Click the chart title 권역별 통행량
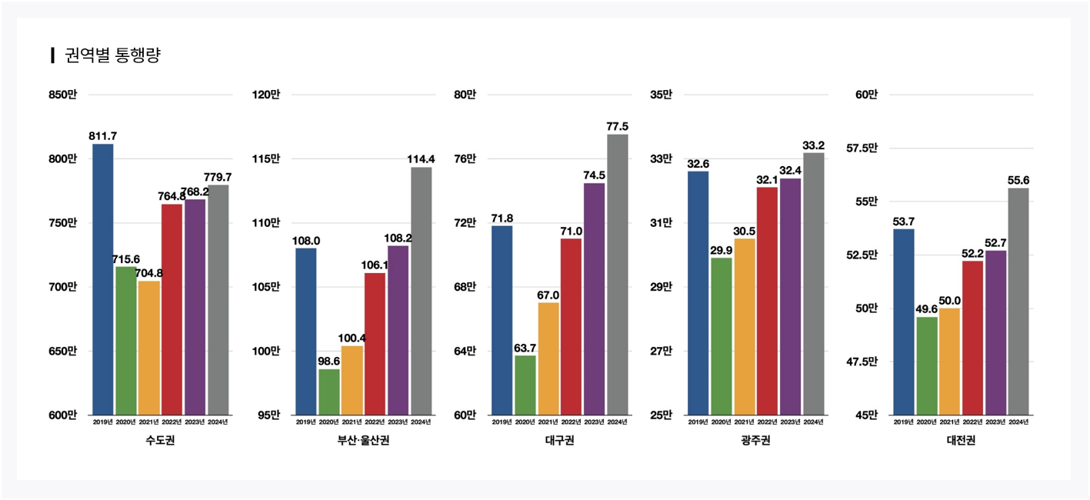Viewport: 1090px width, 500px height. tap(112, 55)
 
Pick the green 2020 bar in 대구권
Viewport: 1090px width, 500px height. tap(525, 385)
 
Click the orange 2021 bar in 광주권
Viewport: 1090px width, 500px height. tap(745, 326)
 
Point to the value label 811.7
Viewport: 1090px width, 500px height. tap(103, 136)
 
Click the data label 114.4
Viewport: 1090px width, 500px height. tap(422, 159)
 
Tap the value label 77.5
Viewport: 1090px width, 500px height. tap(618, 126)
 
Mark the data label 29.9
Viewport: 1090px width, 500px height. tap(722, 250)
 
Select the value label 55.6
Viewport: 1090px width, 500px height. tap(1018, 180)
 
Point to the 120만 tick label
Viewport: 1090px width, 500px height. tap(266, 95)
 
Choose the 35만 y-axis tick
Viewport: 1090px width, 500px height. tap(661, 95)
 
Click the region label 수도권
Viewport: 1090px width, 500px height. tap(160, 441)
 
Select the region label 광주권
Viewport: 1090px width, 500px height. tap(755, 441)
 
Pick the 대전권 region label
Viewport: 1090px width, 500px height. tap(962, 441)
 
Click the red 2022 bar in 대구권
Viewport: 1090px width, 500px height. tap(572, 326)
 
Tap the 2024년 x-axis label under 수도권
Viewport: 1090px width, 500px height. tap(218, 422)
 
